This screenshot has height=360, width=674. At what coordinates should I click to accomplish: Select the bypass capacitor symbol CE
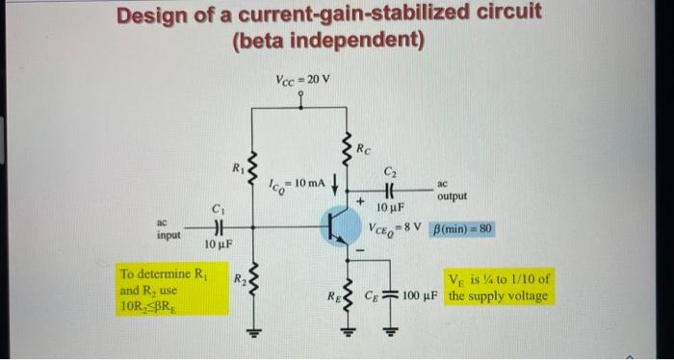[392, 294]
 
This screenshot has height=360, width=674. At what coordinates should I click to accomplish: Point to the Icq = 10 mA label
[292, 182]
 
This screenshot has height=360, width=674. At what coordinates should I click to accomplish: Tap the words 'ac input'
[168, 228]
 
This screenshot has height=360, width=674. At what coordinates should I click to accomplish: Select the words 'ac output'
[451, 189]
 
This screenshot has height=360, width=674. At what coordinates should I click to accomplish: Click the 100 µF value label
[424, 294]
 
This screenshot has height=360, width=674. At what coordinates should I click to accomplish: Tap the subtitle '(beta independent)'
[327, 40]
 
